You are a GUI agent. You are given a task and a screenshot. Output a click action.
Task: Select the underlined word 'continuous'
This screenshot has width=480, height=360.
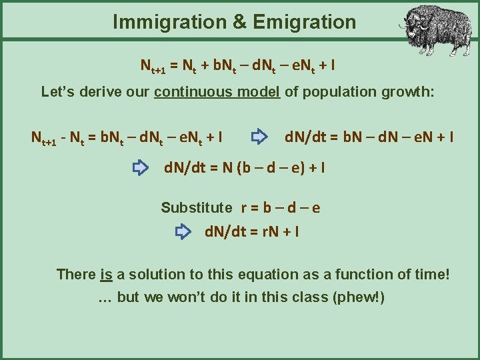[194, 91]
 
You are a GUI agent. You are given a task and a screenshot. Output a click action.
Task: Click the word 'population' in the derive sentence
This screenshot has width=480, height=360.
[339, 91]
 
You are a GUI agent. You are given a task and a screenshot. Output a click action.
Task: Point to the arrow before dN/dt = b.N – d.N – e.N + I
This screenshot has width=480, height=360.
[259, 138]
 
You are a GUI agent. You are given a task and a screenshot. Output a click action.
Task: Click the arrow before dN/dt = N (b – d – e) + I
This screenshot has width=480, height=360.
[141, 167]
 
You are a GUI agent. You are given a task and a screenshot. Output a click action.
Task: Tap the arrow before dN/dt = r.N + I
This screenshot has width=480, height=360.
[183, 232]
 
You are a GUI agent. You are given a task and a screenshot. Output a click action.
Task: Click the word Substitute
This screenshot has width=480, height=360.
[197, 207]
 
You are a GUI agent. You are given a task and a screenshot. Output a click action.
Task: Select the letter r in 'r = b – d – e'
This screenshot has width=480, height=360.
[245, 208]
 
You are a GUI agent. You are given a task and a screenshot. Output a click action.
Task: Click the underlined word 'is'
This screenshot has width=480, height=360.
[106, 274]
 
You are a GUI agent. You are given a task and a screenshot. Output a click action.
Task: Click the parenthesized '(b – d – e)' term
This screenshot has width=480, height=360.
[267, 168]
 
